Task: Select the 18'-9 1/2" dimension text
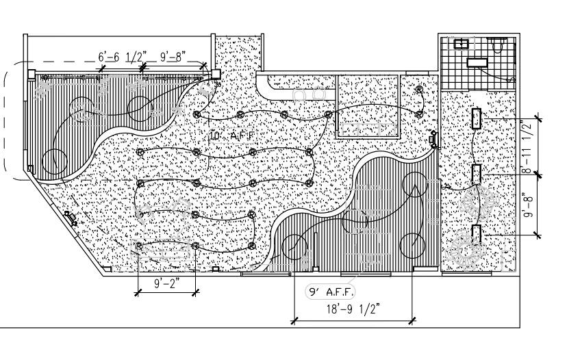point(353,309)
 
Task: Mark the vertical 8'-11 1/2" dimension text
point(527,146)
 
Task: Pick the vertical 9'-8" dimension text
point(527,205)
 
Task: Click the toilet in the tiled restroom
point(499,45)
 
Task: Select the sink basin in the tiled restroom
point(461,44)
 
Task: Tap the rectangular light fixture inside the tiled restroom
point(477,62)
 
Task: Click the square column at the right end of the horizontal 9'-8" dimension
point(215,72)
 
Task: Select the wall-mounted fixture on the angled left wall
point(70,218)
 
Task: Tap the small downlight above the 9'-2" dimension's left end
point(139,245)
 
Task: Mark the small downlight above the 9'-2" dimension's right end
point(195,245)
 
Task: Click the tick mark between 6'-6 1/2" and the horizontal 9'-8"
point(144,67)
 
